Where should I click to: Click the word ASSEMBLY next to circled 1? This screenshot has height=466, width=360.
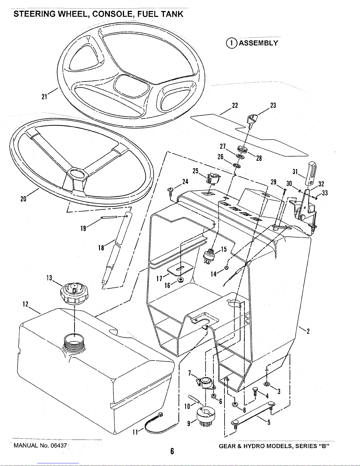pos(258,43)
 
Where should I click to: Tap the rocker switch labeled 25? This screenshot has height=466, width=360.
pos(212,179)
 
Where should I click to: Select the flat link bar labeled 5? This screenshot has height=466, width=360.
pos(253,414)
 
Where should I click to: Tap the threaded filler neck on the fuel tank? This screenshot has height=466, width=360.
pos(74,342)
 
